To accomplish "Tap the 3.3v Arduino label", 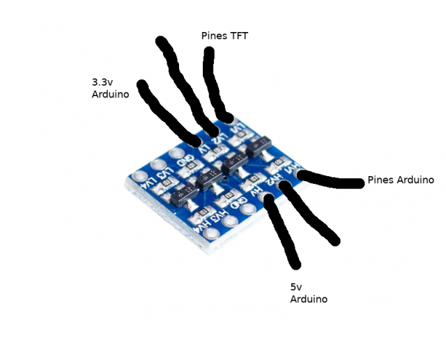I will click(110, 88).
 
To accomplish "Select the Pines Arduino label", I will click(401, 180).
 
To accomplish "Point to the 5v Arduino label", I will click(308, 292).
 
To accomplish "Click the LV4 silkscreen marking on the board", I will click(150, 182).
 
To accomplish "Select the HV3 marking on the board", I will click(220, 214).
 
